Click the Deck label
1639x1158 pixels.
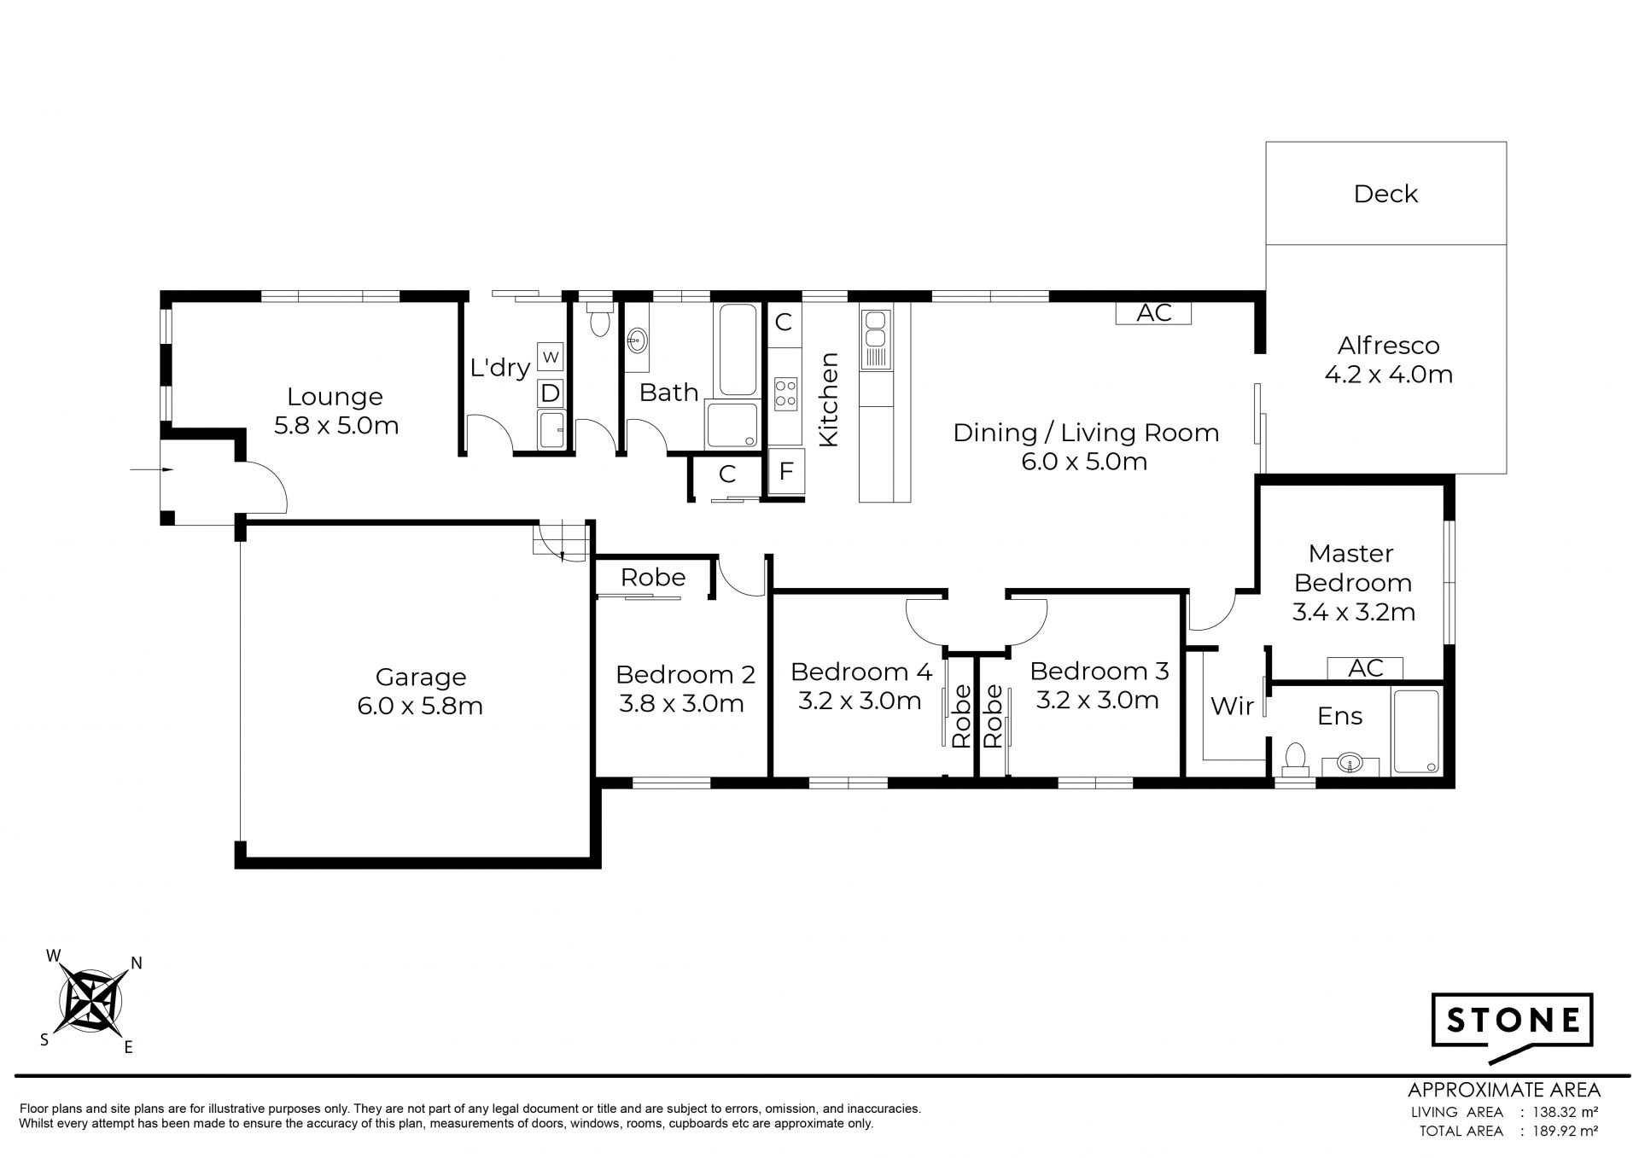click(1385, 194)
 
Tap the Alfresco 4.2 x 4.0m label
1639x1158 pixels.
click(1388, 359)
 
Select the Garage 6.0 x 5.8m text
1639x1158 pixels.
click(420, 691)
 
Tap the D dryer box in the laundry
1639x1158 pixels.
click(551, 393)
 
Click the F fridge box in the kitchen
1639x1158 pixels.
click(785, 471)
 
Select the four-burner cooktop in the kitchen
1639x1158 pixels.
click(785, 393)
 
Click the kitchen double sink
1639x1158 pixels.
click(875, 340)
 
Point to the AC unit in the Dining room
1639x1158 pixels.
click(1154, 313)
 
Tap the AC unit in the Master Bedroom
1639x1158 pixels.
click(1365, 668)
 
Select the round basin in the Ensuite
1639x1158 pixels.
click(1350, 762)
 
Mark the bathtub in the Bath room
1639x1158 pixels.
click(736, 350)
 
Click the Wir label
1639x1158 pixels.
click(1233, 706)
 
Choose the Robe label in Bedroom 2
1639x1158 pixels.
click(653, 578)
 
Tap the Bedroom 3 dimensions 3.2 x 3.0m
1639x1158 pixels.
click(1098, 701)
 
